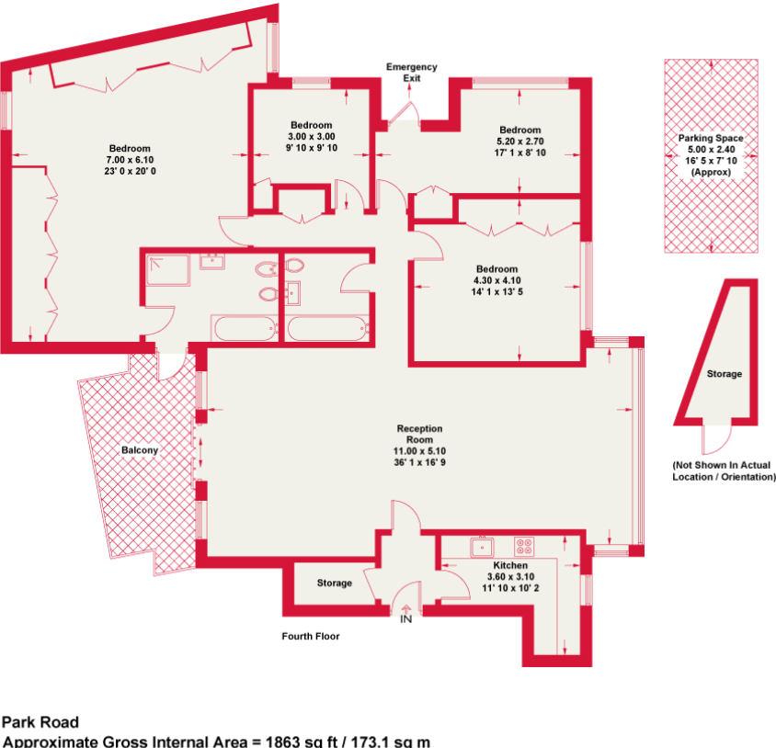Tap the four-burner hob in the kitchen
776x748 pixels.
pos(524,546)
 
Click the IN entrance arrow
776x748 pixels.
pos(405,610)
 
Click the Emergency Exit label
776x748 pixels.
pos(411,73)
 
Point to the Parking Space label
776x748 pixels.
pos(711,138)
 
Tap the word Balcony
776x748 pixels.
pos(140,450)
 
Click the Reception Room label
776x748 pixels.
pos(419,434)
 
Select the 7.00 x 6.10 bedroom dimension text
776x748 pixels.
pos(130,160)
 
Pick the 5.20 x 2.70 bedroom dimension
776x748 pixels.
pos(520,142)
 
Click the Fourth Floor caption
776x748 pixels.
pos(311,636)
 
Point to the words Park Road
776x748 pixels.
pos(40,722)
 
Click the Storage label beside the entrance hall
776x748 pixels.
pos(335,584)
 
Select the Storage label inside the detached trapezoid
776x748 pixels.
pos(724,374)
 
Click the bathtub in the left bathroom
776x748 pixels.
pos(243,328)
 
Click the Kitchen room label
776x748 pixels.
pos(510,565)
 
